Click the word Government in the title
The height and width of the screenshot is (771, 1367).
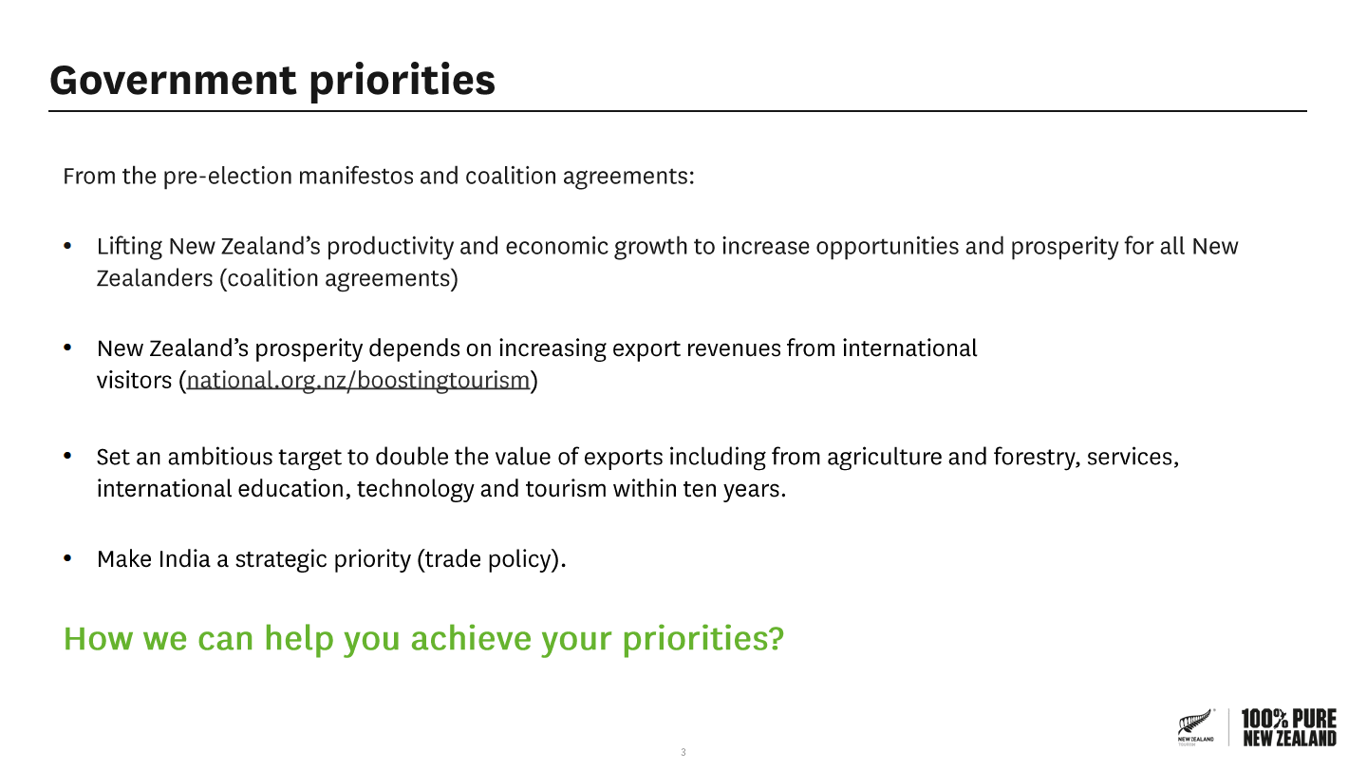coord(173,80)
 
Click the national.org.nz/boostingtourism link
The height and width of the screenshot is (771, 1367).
coord(358,381)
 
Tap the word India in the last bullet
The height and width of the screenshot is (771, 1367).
coord(184,558)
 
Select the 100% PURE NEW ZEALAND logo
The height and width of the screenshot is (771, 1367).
coord(1289,727)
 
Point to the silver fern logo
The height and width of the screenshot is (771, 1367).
coord(1195,726)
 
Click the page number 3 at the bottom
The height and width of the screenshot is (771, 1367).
coord(683,752)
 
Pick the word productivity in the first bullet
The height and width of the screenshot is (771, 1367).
coord(390,247)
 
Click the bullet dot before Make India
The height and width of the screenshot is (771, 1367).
coord(67,558)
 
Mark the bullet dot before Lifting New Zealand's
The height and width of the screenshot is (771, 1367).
coord(67,246)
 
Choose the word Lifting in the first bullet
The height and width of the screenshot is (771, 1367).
coord(129,247)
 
